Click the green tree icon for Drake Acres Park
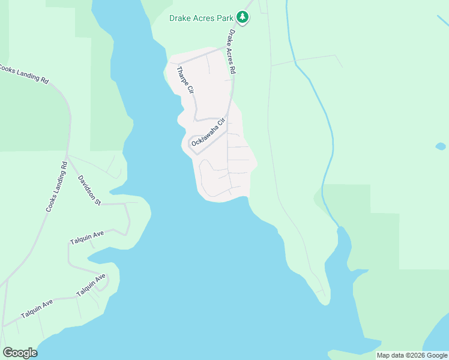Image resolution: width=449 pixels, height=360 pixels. (x=243, y=17)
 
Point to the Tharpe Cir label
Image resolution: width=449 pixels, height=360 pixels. (x=184, y=80)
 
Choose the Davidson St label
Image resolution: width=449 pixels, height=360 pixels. (x=89, y=190)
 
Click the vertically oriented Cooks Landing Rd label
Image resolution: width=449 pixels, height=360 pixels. (x=56, y=187)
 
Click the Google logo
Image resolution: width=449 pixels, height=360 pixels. (x=20, y=353)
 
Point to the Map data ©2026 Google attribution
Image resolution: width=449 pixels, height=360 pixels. (x=412, y=355)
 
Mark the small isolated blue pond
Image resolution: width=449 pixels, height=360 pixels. (x=440, y=146)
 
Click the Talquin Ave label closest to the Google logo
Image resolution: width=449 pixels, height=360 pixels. (x=37, y=308)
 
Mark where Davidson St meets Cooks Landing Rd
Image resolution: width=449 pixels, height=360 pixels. (x=69, y=157)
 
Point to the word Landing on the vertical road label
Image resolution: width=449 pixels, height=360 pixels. (x=55, y=188)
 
